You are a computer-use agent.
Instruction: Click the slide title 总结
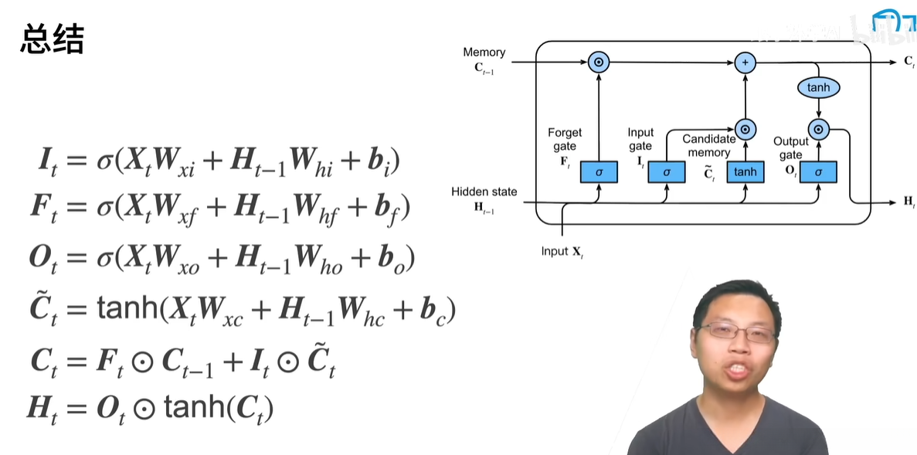click(x=52, y=40)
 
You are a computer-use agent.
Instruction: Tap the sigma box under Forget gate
click(x=599, y=171)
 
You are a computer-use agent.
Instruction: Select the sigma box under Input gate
click(x=666, y=171)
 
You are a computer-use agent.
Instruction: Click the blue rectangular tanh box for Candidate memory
click(x=745, y=171)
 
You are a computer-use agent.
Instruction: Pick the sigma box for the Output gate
click(x=818, y=171)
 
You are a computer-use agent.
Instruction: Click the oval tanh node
click(x=818, y=87)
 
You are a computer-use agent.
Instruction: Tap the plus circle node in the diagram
click(x=745, y=63)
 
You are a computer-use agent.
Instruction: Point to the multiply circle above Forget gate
click(x=599, y=63)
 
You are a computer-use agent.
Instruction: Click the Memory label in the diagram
click(x=484, y=53)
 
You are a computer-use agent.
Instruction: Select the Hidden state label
click(x=484, y=192)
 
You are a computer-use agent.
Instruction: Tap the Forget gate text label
click(x=564, y=139)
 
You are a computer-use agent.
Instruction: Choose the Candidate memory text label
click(x=708, y=146)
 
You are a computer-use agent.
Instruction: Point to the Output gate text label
click(x=790, y=148)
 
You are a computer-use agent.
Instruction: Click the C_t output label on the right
click(x=909, y=62)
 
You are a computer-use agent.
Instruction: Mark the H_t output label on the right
click(x=909, y=202)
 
